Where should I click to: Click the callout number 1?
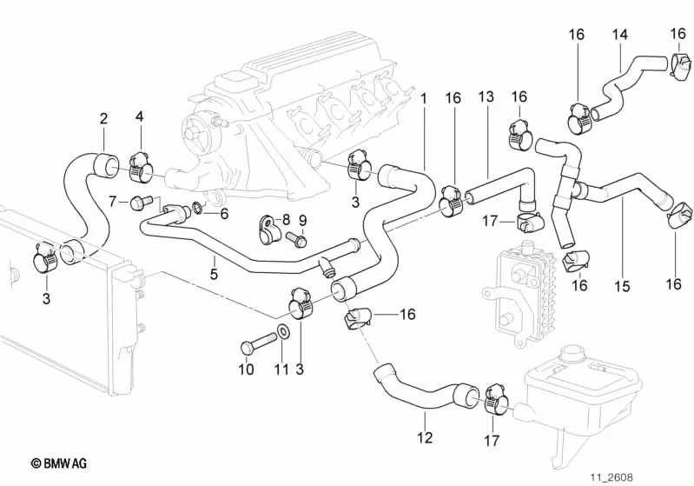point(424,98)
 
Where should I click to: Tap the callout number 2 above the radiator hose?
point(103,118)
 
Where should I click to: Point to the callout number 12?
point(424,438)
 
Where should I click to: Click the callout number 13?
point(486,96)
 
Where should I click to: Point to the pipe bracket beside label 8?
point(265,231)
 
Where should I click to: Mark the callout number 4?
point(139,117)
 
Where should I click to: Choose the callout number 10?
point(246,369)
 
